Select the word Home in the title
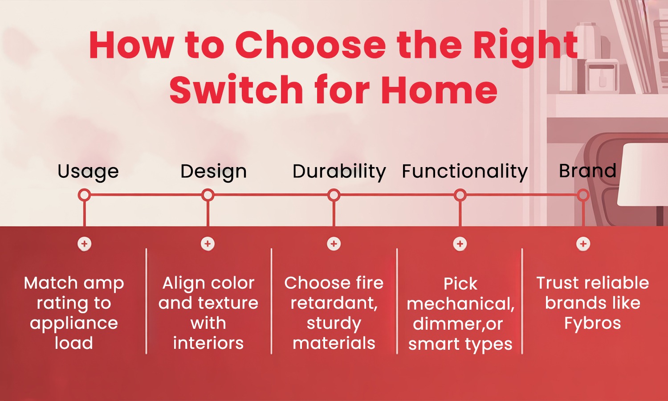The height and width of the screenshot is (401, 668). coord(439,90)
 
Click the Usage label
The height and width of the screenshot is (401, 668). coord(88,172)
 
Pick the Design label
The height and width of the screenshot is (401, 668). coord(213,172)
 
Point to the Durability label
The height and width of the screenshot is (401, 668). coord(339,171)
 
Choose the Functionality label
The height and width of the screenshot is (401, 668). coord(464,171)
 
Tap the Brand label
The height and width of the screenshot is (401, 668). coord(587,171)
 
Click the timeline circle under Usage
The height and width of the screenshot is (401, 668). coord(84,195)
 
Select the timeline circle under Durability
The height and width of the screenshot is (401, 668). coord(334,195)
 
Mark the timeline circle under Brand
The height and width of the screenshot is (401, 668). coord(583,195)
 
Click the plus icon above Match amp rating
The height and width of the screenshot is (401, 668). coord(84,244)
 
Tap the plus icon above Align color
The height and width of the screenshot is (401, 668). coord(208,244)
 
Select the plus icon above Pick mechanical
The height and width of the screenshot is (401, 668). coord(460,244)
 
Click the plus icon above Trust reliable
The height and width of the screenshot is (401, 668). coord(583,244)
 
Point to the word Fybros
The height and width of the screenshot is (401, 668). coord(592,323)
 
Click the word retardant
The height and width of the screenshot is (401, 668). coord(334,303)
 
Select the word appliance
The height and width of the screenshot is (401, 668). coord(74,323)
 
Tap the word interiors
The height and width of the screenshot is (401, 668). coord(208,343)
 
